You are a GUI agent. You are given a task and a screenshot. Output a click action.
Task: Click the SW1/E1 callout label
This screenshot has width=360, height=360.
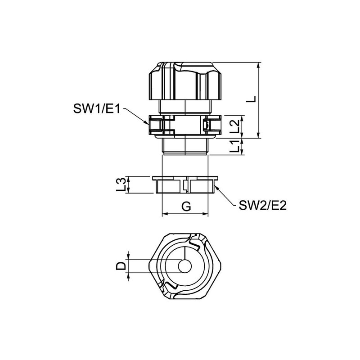point(96,108)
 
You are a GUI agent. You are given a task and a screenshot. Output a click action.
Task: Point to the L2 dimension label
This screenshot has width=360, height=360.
point(234,127)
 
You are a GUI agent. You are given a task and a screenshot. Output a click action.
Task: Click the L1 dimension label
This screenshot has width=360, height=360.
point(234,147)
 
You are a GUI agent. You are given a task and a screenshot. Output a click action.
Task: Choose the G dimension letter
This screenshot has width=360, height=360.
point(185,207)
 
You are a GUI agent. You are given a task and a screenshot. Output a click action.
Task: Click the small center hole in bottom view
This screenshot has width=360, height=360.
point(184,266)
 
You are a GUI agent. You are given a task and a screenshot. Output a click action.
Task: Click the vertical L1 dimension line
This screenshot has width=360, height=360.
point(243,147)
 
